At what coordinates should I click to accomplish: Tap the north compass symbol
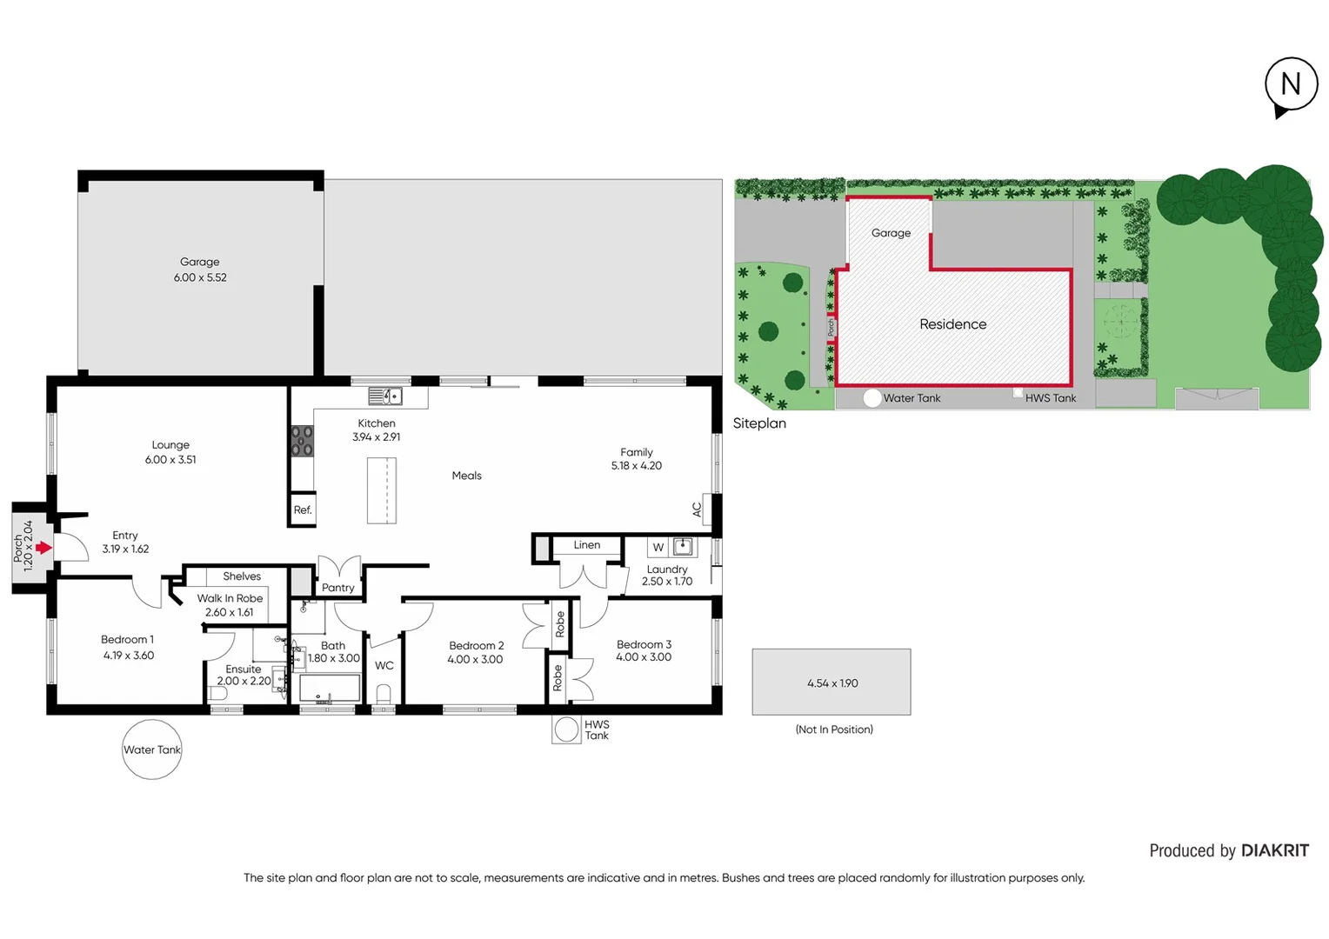(x=1291, y=85)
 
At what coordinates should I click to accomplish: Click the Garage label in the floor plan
(x=199, y=262)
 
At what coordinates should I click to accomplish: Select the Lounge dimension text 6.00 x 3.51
(x=170, y=460)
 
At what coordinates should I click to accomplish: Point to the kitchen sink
(x=384, y=396)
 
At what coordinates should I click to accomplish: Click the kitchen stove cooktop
(x=302, y=441)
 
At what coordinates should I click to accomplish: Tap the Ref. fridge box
(x=303, y=510)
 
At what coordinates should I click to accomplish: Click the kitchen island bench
(x=382, y=490)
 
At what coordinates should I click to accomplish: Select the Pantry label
(x=338, y=588)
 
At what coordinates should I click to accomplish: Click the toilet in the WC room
(x=384, y=693)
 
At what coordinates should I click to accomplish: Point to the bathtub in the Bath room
(x=330, y=689)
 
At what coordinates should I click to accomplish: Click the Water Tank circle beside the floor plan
(x=152, y=749)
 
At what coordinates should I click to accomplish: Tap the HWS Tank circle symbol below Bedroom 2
(x=567, y=729)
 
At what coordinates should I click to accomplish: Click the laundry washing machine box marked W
(x=658, y=547)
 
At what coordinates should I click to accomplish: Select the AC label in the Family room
(x=697, y=510)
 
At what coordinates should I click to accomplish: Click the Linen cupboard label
(x=587, y=545)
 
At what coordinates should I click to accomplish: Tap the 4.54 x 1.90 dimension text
(x=832, y=683)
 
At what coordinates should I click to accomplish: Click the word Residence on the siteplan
(x=953, y=324)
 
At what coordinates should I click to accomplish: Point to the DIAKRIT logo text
(x=1274, y=850)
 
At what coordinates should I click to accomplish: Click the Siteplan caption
(x=759, y=423)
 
